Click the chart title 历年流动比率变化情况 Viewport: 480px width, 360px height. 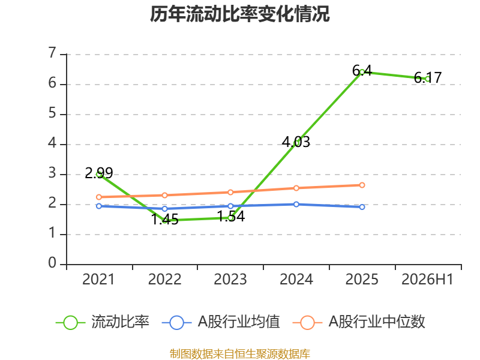(239, 14)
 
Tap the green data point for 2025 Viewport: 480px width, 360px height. (362, 72)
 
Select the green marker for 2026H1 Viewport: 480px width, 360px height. (428, 79)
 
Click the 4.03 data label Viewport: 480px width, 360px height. (296, 142)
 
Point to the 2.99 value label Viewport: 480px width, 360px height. (99, 173)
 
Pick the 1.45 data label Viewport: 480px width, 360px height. (164, 219)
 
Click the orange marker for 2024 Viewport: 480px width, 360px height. (296, 188)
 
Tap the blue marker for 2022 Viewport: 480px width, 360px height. (164, 209)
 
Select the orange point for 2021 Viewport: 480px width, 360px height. (99, 197)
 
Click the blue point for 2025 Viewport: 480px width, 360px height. (362, 207)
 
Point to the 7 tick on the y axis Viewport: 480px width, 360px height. (52, 53)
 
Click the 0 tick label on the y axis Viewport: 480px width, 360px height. (52, 263)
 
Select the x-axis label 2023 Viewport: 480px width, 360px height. (230, 279)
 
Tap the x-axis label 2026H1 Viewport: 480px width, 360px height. (427, 279)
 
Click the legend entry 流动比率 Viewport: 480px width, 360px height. (103, 322)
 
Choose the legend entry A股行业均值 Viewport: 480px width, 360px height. (220, 322)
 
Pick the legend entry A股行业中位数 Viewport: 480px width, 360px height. (359, 322)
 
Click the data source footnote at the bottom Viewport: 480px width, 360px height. (239, 354)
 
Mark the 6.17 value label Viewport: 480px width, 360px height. (428, 77)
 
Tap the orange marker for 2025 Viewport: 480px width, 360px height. (362, 185)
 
